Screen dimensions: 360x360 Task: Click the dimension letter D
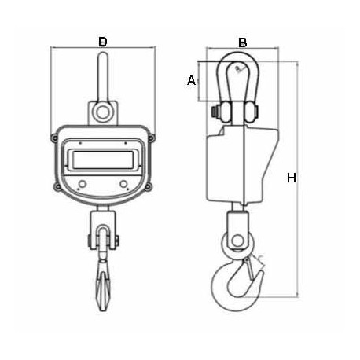[103, 41]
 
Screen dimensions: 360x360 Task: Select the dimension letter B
[243, 41]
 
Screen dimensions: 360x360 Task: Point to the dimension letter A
[190, 79]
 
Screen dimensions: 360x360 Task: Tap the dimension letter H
[292, 179]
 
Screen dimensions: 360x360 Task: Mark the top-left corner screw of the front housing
[54, 138]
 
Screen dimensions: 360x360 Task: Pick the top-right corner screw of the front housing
[152, 138]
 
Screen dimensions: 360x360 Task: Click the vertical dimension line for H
[300, 179]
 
